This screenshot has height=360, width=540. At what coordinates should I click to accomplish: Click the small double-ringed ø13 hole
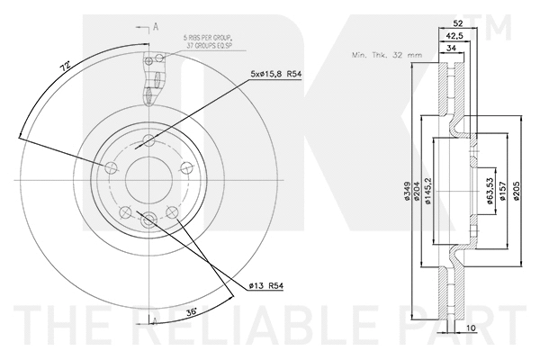149,216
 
